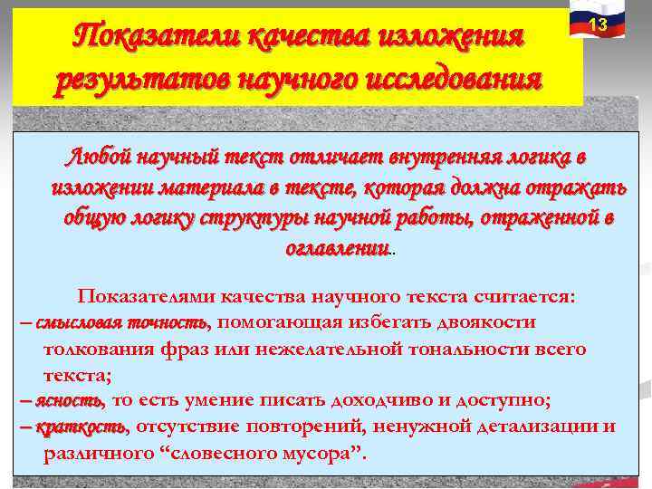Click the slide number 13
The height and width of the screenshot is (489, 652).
(598, 25)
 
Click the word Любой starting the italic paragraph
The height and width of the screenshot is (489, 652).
(98, 157)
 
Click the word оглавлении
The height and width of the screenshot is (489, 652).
(337, 247)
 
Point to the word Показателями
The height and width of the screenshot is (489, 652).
(149, 296)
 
